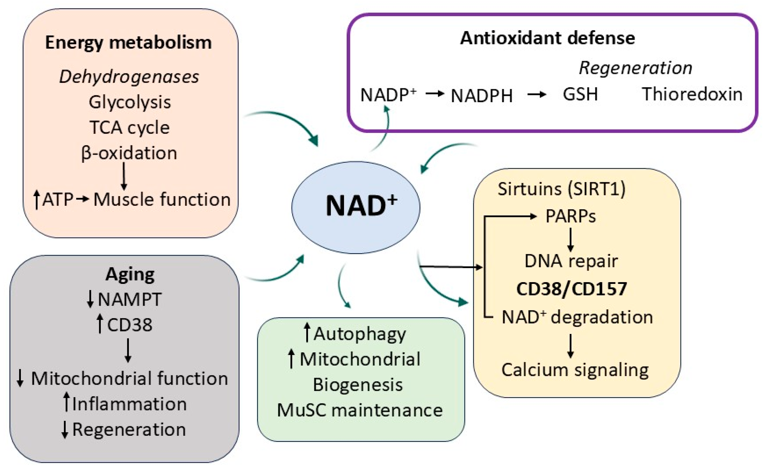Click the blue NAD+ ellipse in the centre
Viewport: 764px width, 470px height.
pos(355,207)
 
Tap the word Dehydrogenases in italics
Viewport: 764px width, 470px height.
pos(129,77)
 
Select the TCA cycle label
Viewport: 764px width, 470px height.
pos(129,127)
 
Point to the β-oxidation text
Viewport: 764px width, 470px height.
pos(129,153)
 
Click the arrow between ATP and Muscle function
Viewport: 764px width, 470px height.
pos(82,199)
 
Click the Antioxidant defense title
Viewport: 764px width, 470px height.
pos(547,38)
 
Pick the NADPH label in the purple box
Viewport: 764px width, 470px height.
pos(481,95)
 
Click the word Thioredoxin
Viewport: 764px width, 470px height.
pos(692,94)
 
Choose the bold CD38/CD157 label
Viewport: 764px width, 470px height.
pos(571,289)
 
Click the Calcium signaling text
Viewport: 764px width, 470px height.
pos(575,370)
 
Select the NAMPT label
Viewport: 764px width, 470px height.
pos(129,299)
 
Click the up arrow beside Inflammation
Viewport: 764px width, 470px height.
pos(66,401)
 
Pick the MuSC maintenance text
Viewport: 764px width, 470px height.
pos(360,410)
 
